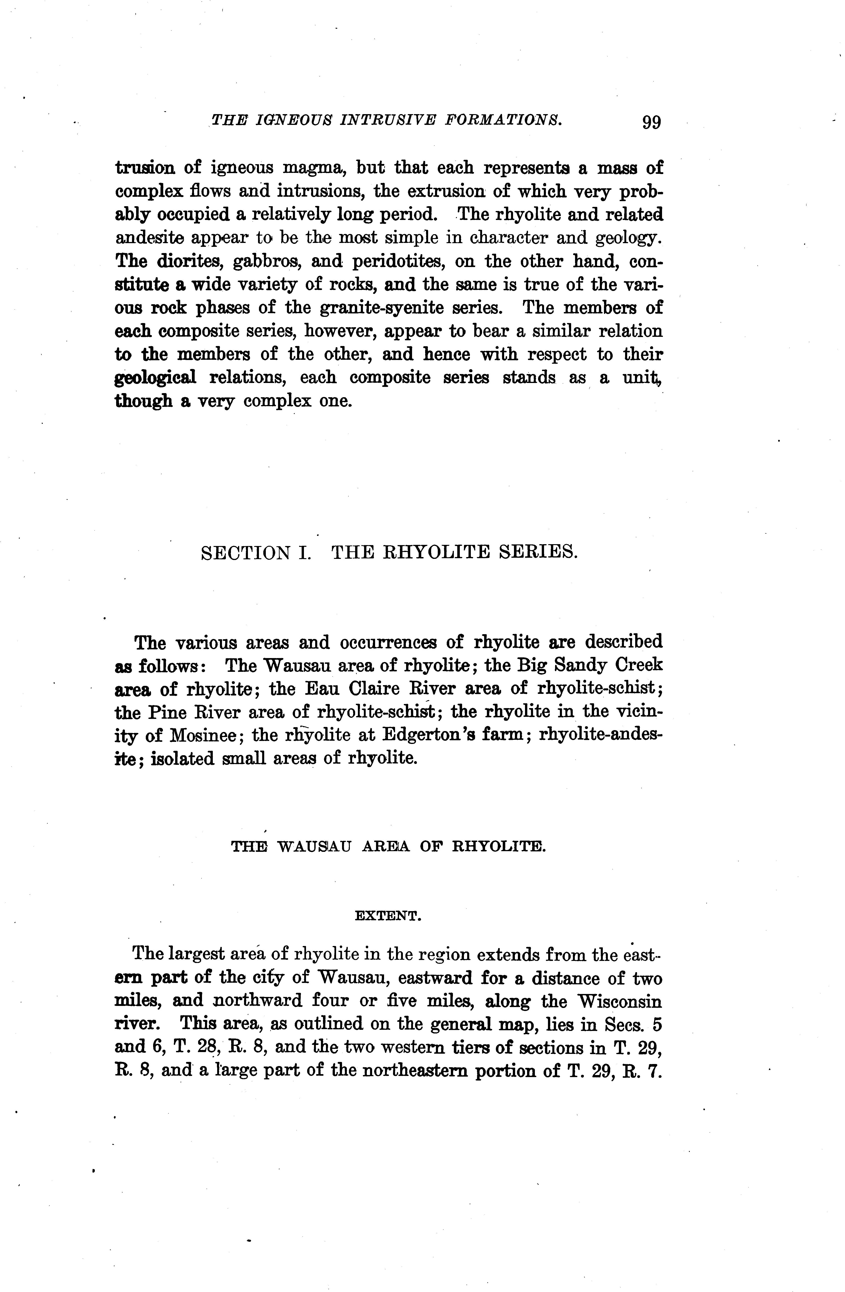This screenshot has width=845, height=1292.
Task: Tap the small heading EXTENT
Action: coord(388,916)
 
